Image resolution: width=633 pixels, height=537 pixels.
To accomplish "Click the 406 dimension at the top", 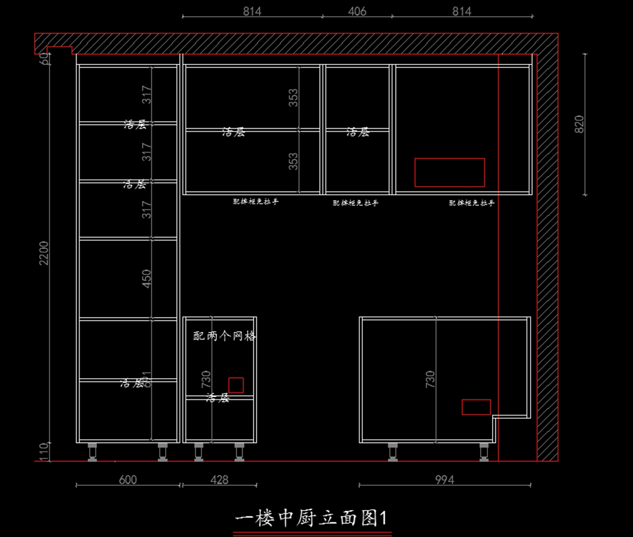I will pyautogui.click(x=357, y=11).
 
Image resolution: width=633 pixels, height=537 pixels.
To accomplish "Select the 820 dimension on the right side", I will pyautogui.click(x=579, y=124).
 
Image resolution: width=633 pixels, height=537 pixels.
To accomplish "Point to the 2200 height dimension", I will pyautogui.click(x=44, y=253).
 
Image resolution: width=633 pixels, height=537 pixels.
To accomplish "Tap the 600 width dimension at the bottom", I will pyautogui.click(x=128, y=480).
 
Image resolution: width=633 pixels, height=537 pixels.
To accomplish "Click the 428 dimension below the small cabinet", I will pyautogui.click(x=219, y=480).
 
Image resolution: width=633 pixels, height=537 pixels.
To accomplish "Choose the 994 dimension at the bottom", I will pyautogui.click(x=444, y=480).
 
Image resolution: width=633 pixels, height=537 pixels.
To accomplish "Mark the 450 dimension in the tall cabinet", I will pyautogui.click(x=147, y=279).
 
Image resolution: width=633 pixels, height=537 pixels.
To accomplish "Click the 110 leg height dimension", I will pyautogui.click(x=44, y=452).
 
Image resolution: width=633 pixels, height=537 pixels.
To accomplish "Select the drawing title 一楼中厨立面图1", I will pyautogui.click(x=311, y=518).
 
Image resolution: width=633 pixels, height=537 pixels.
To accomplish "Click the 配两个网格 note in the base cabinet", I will pyautogui.click(x=224, y=336).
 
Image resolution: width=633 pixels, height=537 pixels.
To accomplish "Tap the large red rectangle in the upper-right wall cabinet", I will pyautogui.click(x=449, y=172).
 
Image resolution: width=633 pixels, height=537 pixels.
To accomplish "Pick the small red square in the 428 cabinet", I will pyautogui.click(x=236, y=385).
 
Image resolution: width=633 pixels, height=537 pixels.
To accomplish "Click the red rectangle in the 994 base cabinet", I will pyautogui.click(x=476, y=407).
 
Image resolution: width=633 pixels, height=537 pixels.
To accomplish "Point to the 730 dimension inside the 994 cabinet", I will pyautogui.click(x=430, y=379).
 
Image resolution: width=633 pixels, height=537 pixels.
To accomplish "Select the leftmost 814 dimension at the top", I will pyautogui.click(x=252, y=11).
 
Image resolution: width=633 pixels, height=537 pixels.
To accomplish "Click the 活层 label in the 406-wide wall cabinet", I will pyautogui.click(x=358, y=132).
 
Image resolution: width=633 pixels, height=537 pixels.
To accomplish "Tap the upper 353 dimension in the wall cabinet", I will pyautogui.click(x=293, y=98).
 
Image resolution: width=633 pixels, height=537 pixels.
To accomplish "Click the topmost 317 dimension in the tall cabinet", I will pyautogui.click(x=147, y=95).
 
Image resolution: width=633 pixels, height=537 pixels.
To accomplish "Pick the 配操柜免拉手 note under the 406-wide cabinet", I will pyautogui.click(x=356, y=203).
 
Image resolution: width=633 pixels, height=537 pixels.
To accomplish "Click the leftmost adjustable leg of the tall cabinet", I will pyautogui.click(x=92, y=452).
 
